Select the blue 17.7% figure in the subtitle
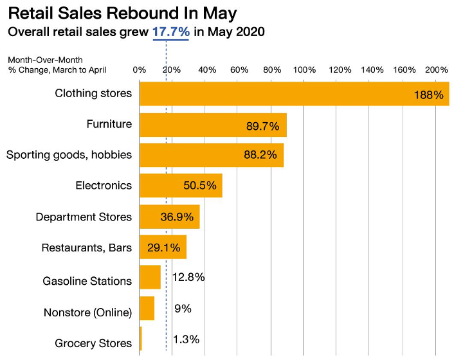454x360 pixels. pyautogui.click(x=170, y=31)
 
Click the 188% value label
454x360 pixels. pyautogui.click(x=429, y=95)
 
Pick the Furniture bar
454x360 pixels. pyautogui.click(x=213, y=125)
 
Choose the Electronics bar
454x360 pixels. pyautogui.click(x=181, y=186)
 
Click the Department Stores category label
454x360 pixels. pyautogui.click(x=84, y=217)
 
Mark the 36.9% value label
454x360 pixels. pyautogui.click(x=177, y=217)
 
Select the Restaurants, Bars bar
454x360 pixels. pyautogui.click(x=163, y=248)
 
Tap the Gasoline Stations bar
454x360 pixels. pyautogui.click(x=150, y=278)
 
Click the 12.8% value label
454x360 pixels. pyautogui.click(x=188, y=278)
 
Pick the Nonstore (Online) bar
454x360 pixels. pyautogui.click(x=147, y=309)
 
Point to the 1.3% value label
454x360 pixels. pyautogui.click(x=186, y=339)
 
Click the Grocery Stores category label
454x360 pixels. pyautogui.click(x=93, y=343)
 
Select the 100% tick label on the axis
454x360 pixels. pyautogui.click(x=305, y=69)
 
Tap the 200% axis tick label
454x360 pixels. pyautogui.click(x=437, y=69)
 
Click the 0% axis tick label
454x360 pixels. pyautogui.click(x=139, y=69)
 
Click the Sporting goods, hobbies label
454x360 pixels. pyautogui.click(x=69, y=155)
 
